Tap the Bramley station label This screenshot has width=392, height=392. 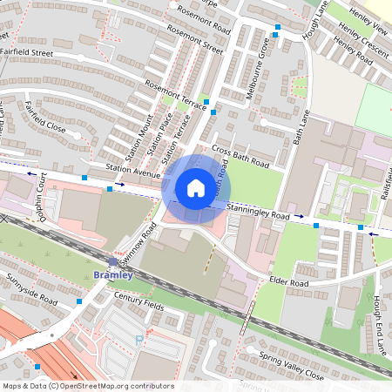coord(112,275)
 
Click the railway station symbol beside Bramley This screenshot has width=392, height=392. coord(112,261)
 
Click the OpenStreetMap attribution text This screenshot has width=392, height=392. coord(87,386)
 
